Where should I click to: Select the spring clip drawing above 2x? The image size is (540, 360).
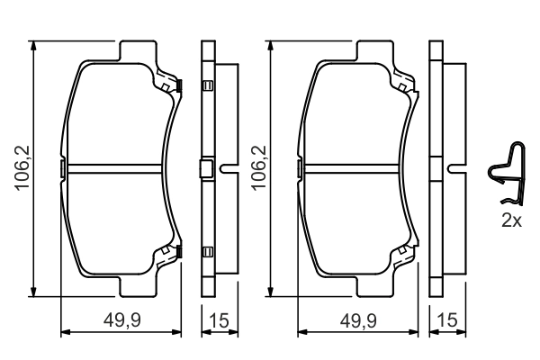point(506,175)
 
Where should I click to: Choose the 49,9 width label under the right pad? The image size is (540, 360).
point(358,321)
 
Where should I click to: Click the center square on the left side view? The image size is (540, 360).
point(206,168)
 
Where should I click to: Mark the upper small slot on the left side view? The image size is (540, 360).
point(206,86)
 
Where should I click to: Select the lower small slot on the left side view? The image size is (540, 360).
point(206,251)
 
